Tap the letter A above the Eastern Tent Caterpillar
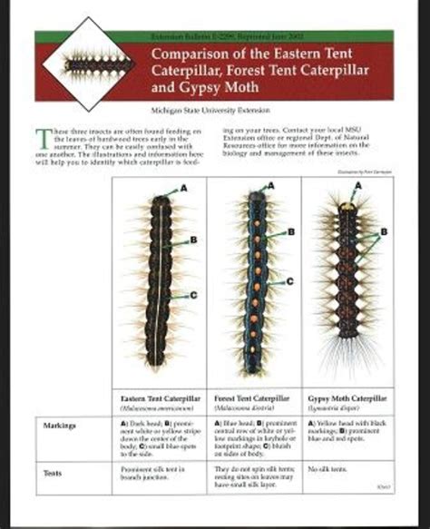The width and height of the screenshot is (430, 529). tap(184, 187)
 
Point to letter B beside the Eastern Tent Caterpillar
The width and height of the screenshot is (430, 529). tap(194, 240)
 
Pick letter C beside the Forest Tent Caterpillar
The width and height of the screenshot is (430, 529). tap(290, 280)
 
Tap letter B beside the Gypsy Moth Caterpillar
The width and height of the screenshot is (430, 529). tap(384, 231)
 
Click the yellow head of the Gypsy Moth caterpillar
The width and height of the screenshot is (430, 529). tap(347, 208)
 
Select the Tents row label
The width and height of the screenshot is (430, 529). tap(53, 473)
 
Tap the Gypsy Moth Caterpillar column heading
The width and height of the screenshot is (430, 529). tap(347, 399)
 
